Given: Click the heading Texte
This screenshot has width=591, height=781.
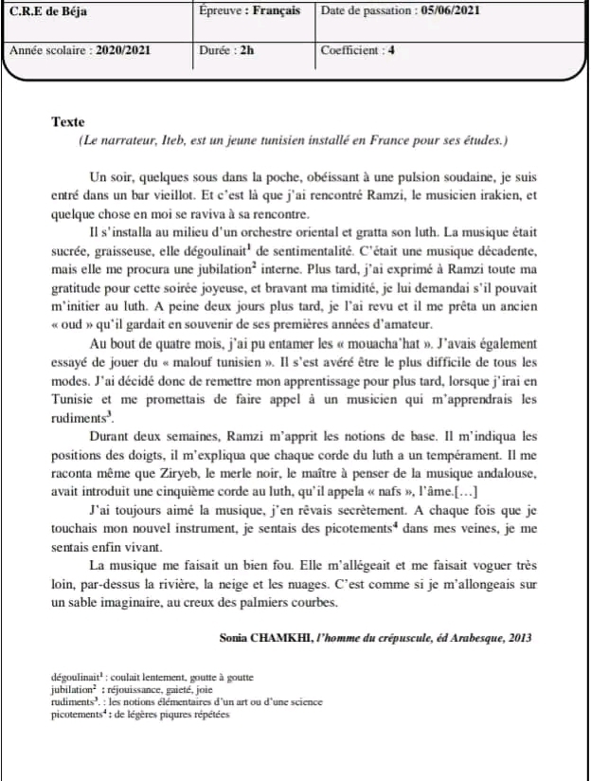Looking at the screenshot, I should coord(68,122).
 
